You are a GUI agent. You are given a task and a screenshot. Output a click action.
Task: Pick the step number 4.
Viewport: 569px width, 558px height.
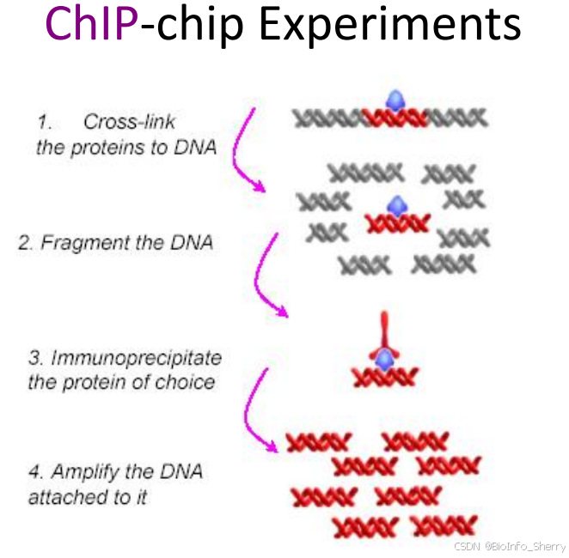[x=34, y=472]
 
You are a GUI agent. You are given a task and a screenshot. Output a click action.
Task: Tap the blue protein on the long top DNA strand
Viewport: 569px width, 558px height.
[x=395, y=101]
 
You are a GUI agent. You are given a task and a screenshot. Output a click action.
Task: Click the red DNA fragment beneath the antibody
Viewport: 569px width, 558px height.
[x=385, y=375]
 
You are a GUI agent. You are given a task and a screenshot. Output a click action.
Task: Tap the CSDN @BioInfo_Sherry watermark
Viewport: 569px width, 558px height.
[x=508, y=545]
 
